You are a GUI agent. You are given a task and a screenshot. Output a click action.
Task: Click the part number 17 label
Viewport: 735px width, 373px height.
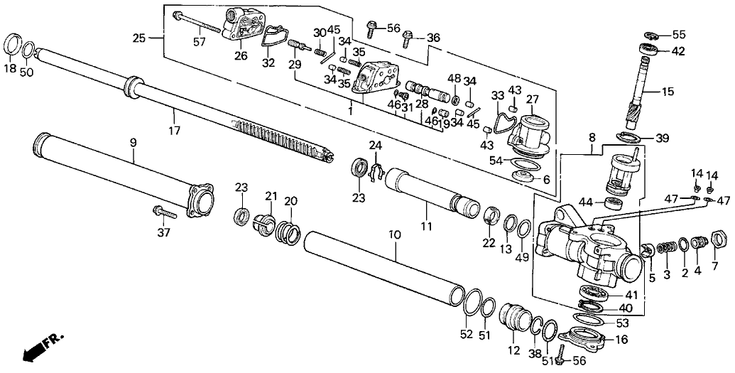pyautogui.click(x=175, y=131)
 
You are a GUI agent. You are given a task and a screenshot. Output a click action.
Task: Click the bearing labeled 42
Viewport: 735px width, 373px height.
pyautogui.click(x=649, y=50)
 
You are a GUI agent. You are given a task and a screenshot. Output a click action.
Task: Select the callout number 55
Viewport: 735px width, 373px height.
pyautogui.click(x=679, y=35)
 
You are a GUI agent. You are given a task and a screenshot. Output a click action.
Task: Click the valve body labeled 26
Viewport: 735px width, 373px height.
pyautogui.click(x=239, y=28)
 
